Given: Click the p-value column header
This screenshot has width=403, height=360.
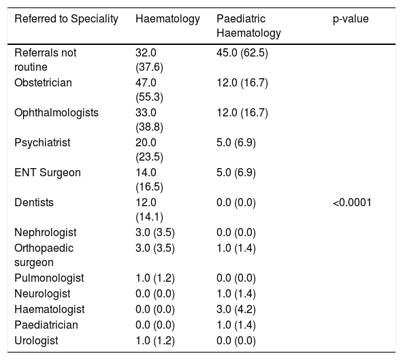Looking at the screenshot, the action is coord(351,19).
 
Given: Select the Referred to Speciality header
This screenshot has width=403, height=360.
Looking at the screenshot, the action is coord(66,19).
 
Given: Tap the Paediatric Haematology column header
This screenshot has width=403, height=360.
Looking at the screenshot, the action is coord(248,26).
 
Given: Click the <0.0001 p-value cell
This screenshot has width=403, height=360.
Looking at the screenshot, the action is coord(352,203).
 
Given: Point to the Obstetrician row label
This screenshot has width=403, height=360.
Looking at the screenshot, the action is coord(43,83).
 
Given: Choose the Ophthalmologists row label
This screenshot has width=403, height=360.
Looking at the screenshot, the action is coord(57,113).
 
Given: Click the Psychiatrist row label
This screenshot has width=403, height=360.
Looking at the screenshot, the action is coord(42,143).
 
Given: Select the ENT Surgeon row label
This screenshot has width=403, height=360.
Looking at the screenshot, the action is coord(48,172).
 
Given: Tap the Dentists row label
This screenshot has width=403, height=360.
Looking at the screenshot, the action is coord(34,203).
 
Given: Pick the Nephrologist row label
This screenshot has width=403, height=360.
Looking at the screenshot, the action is coord(46,233).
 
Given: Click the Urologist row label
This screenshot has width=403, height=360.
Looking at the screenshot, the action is coord(36,341).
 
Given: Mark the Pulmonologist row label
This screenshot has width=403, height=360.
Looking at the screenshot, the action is coord(49,278).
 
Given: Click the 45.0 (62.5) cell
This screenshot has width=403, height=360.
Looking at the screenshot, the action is coord(242,53).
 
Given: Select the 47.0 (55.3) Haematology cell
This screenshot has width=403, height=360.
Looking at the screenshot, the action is coord(149,90).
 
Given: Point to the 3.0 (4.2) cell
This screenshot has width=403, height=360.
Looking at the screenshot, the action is coord(236,310).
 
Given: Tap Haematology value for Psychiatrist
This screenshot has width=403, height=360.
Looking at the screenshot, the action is coord(149,150).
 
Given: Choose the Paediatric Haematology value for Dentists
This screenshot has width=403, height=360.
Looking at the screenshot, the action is coord(236,203).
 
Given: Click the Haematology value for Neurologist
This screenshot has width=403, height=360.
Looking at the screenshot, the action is coord(155,294).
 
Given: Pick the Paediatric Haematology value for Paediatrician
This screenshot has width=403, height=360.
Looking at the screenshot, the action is coord(236,325).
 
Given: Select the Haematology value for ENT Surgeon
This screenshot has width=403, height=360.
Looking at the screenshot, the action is coord(149,180).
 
